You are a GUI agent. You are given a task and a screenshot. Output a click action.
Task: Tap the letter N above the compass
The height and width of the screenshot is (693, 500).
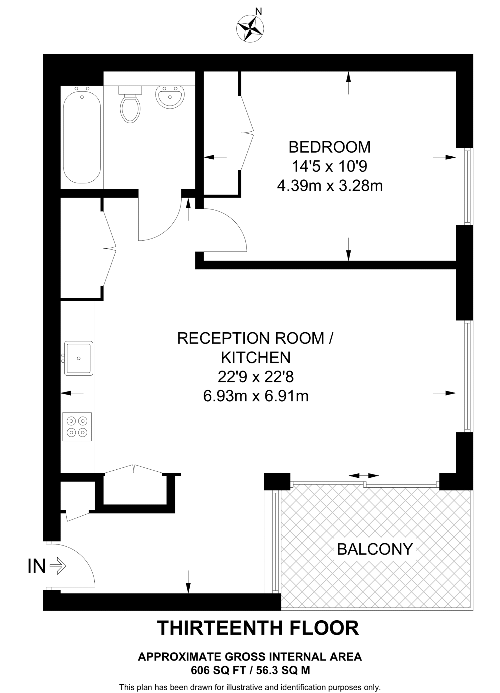[x=258, y=12]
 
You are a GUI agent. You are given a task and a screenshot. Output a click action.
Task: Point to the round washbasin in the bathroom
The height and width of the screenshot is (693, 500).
[x=170, y=96]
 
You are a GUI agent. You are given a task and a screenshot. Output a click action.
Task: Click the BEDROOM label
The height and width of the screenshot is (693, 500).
[x=329, y=147]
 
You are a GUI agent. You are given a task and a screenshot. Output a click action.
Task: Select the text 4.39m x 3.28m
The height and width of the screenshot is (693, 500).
[x=330, y=186]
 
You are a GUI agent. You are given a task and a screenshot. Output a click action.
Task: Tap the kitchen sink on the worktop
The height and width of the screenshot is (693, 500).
[x=79, y=358]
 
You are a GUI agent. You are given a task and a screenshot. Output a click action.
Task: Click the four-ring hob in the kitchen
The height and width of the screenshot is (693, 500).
[x=77, y=426]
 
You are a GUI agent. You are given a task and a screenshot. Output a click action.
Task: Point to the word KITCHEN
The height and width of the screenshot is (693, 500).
[x=256, y=357]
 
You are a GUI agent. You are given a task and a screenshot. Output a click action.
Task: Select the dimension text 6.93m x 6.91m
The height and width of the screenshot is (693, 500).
[x=256, y=396]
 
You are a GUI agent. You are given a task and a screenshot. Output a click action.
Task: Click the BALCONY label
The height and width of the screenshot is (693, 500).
[x=375, y=549]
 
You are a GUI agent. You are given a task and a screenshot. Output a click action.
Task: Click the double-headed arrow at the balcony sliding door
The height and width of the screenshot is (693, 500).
[x=363, y=476]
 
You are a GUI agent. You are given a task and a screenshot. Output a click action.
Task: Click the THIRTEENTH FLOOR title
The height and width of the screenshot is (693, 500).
[x=258, y=628]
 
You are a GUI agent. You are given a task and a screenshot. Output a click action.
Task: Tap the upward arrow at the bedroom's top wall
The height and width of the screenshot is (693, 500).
[x=349, y=83]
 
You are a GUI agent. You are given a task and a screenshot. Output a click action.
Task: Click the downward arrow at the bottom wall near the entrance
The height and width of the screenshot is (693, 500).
[x=188, y=582]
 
